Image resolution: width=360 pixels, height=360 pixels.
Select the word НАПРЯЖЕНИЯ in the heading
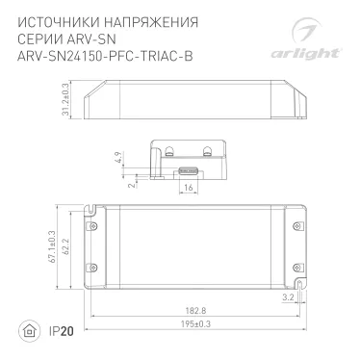click(135, 20)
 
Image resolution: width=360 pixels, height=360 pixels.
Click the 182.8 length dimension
click(196, 311)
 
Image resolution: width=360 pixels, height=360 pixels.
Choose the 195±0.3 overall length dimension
click(196, 324)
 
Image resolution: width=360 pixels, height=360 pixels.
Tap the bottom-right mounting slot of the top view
click(299, 286)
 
